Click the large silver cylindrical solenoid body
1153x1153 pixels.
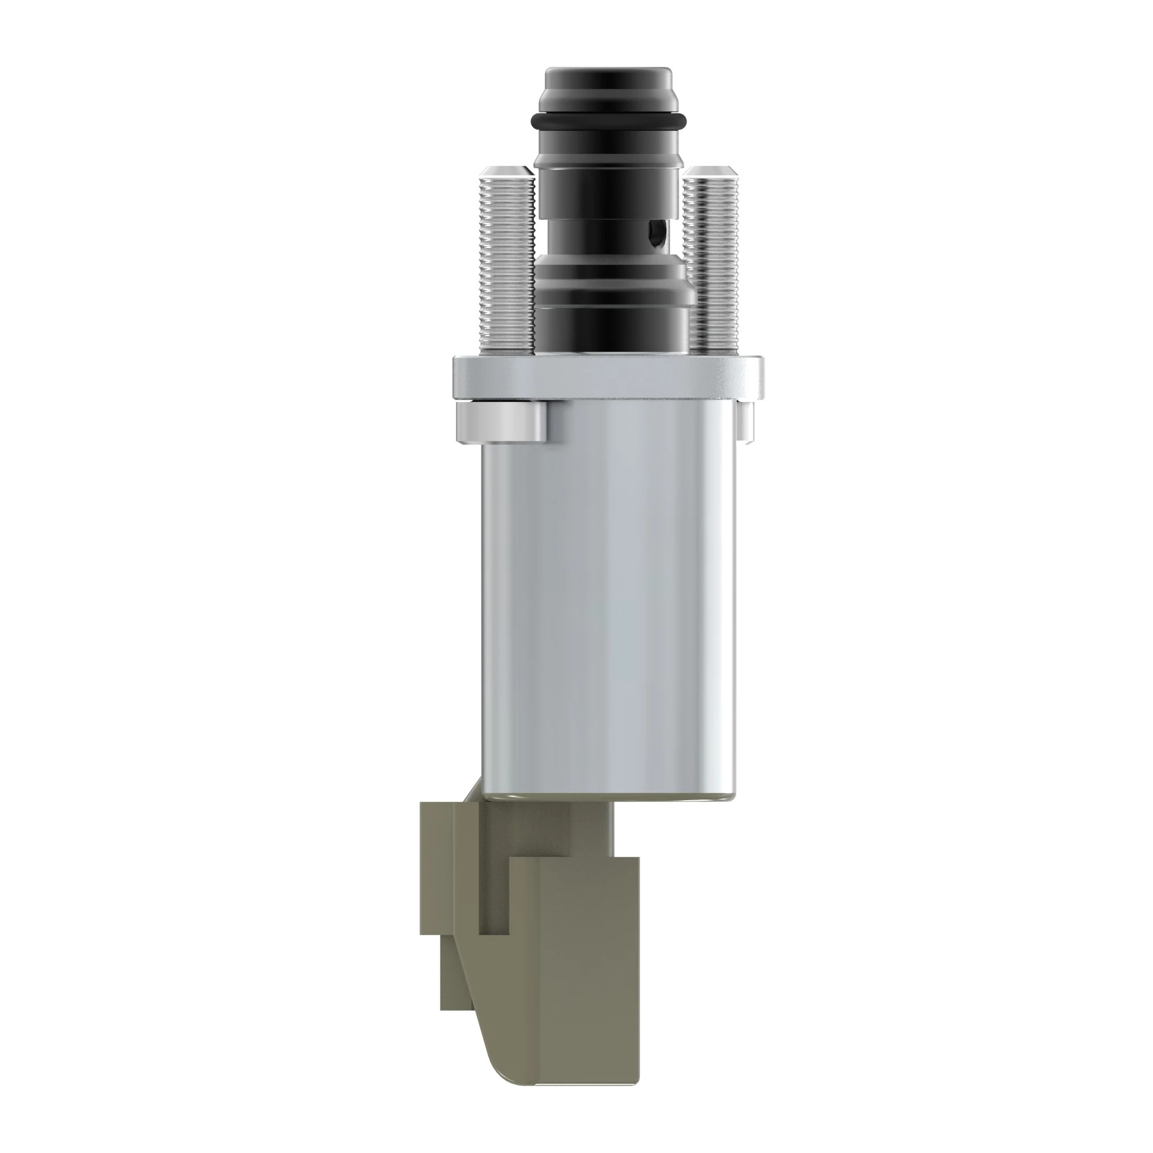609,597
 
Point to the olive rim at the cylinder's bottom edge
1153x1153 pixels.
609,796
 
